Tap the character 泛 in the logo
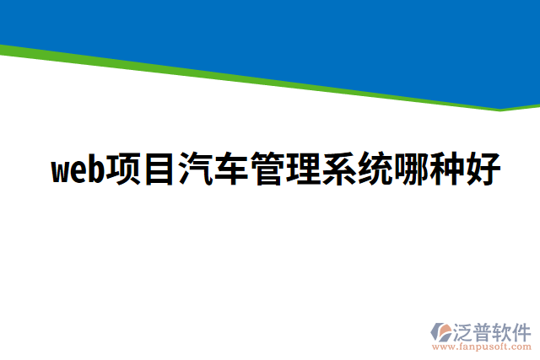466,330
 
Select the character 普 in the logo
485,330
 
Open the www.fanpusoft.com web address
483,346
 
